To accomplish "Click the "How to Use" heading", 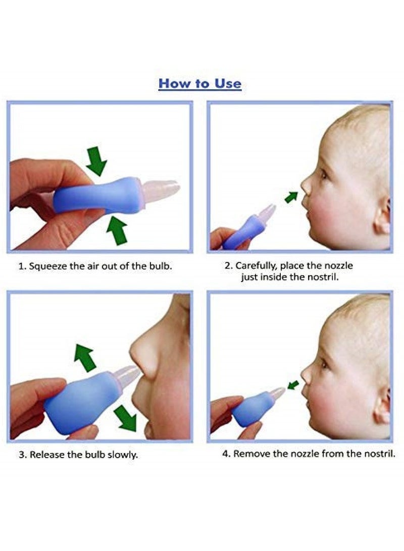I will pos(200,83).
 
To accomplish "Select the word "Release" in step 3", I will pos(47,455).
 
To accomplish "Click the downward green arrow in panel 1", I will pos(96,160).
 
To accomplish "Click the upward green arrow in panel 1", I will pos(117,230).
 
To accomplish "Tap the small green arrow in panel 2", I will pos(291,197).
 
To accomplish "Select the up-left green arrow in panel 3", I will pos(85,357).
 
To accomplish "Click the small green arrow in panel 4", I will pos(293,385).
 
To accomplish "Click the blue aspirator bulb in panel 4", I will pos(250,410).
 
